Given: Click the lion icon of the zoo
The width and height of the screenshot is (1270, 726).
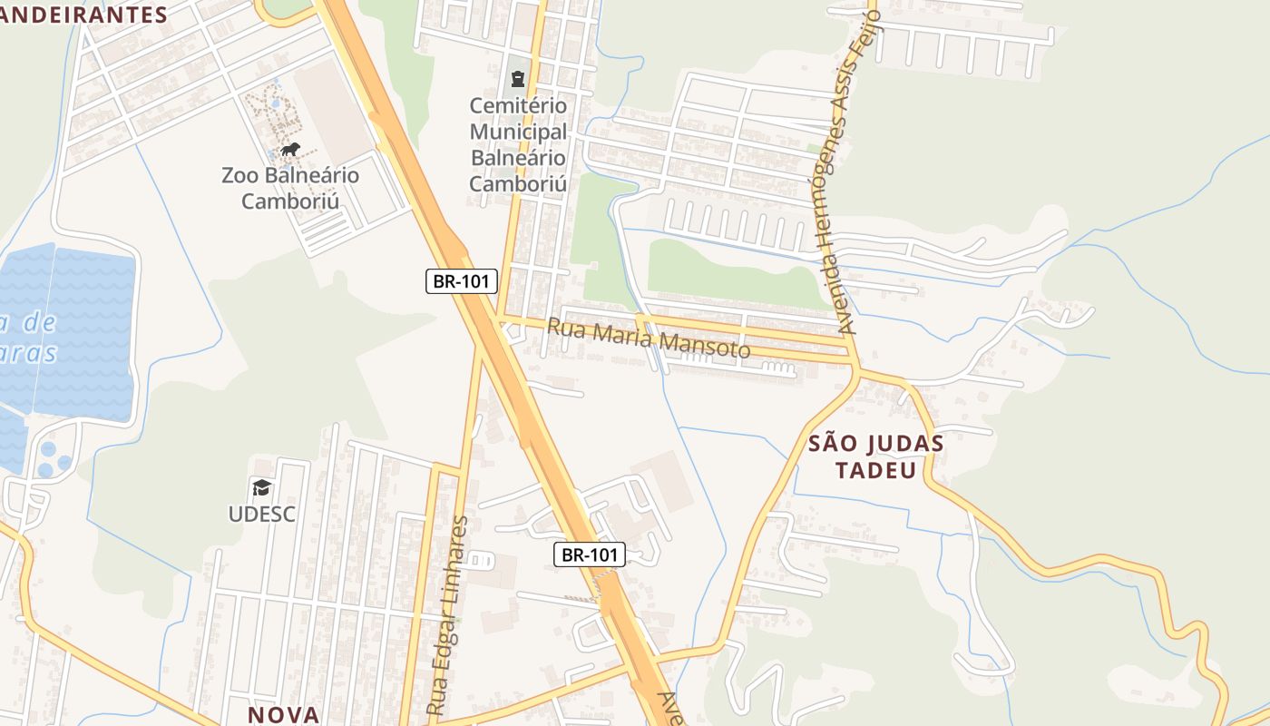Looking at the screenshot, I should (x=289, y=150).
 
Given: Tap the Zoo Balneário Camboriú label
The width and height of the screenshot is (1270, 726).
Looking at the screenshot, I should (x=290, y=188).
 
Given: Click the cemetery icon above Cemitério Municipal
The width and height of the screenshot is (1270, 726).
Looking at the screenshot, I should (x=518, y=79).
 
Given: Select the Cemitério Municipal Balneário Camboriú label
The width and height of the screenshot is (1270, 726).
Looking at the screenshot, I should (x=518, y=145).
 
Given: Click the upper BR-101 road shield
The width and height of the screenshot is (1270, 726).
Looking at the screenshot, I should (x=462, y=281).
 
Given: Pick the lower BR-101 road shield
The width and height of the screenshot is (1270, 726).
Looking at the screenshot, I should (x=590, y=554).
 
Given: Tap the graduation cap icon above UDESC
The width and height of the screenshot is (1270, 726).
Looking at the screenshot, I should (x=262, y=488).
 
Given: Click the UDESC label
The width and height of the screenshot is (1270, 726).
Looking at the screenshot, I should (x=262, y=515).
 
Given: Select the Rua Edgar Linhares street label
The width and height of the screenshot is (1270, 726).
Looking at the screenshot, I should (x=449, y=614).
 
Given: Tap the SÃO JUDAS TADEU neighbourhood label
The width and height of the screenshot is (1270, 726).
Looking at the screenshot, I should (x=875, y=456).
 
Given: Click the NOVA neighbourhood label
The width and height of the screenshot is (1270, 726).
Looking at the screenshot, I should (x=283, y=714).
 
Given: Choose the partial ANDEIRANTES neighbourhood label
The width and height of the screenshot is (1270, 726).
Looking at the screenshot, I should (x=84, y=15).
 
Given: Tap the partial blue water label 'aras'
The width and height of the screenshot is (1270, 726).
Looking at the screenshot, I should (x=29, y=353).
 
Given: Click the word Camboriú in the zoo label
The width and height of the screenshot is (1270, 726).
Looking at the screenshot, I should (x=290, y=201).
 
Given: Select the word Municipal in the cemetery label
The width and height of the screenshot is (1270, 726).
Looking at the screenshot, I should (x=518, y=132).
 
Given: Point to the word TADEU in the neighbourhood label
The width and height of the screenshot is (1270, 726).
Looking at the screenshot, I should (x=875, y=470).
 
